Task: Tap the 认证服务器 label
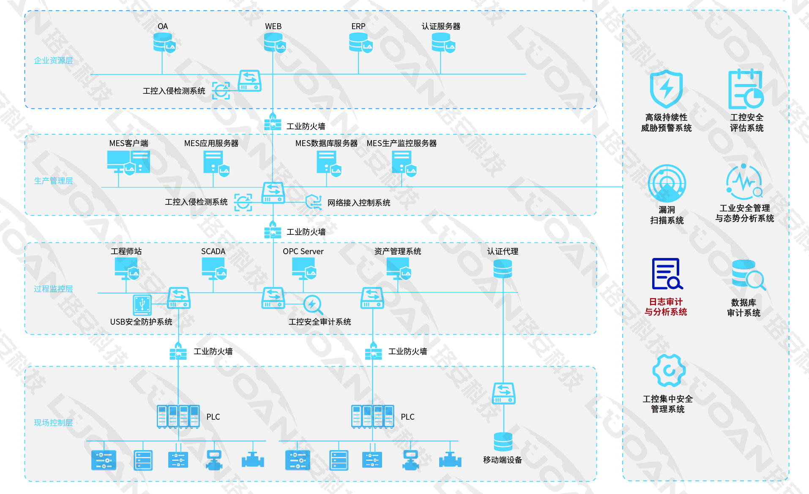[441, 26]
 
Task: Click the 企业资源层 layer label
[53, 60]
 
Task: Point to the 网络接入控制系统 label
[358, 203]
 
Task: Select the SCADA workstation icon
[214, 268]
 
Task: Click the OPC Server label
[303, 251]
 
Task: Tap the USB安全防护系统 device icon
[142, 304]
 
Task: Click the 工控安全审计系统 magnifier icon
[313, 304]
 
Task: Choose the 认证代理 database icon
[503, 269]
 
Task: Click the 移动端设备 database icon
[503, 442]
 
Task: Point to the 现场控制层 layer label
[53, 423]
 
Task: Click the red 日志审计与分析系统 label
[666, 307]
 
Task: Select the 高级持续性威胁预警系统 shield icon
[666, 89]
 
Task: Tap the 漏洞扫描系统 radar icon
[667, 183]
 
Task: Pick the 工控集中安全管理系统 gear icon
[669, 370]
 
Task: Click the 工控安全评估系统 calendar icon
[746, 90]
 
